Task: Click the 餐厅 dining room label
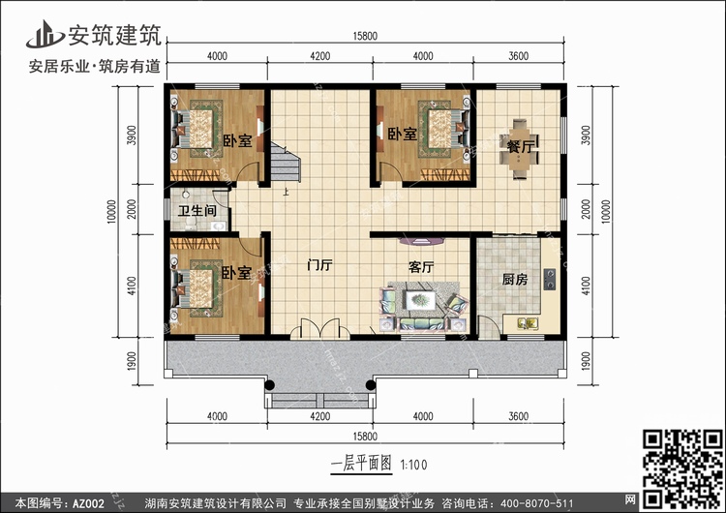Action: pyautogui.click(x=521, y=146)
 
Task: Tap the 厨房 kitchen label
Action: pyautogui.click(x=515, y=279)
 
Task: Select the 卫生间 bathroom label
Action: pyautogui.click(x=197, y=211)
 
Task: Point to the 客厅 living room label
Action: pyautogui.click(x=421, y=267)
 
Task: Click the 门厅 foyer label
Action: pyautogui.click(x=320, y=266)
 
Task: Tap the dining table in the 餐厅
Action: pyautogui.click(x=519, y=149)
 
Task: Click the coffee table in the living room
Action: pyautogui.click(x=420, y=300)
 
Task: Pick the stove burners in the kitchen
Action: pyautogui.click(x=550, y=279)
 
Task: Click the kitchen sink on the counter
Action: pyautogui.click(x=528, y=323)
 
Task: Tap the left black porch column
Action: pyautogui.click(x=269, y=385)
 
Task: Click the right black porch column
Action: pyautogui.click(x=371, y=385)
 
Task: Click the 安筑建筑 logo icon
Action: pyautogui.click(x=45, y=34)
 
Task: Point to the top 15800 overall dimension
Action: pyautogui.click(x=365, y=36)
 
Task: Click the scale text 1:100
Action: pyautogui.click(x=413, y=465)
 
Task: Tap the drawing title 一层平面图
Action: pyautogui.click(x=362, y=464)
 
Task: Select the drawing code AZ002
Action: pyautogui.click(x=88, y=503)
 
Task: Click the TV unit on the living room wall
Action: pyautogui.click(x=421, y=241)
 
